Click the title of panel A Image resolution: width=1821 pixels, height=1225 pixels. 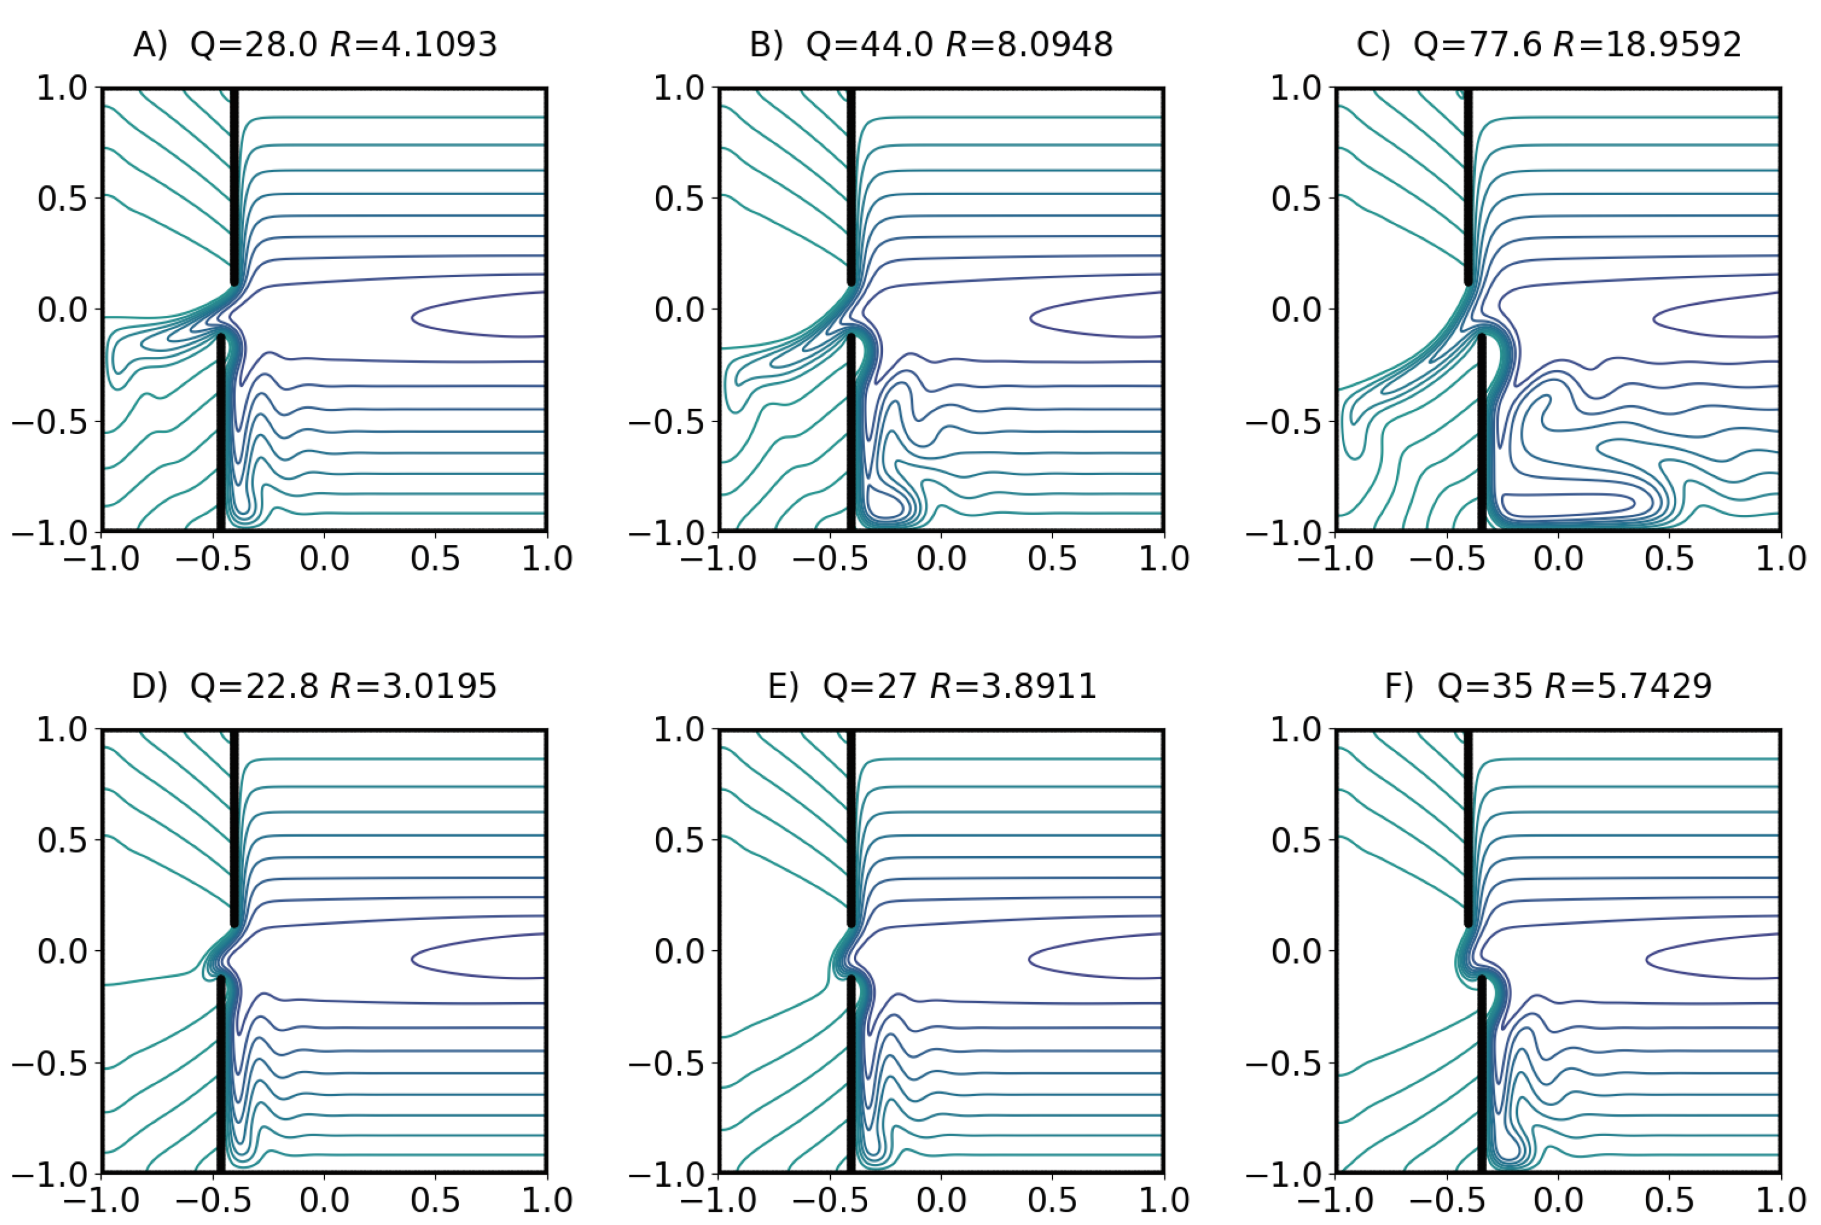pos(315,44)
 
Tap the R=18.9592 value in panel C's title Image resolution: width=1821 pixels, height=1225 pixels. pos(1647,44)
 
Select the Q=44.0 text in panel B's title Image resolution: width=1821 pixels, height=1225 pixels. pos(869,44)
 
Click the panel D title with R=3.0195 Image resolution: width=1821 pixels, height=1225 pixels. pos(315,686)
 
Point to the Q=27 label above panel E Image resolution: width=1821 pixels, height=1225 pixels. pos(869,686)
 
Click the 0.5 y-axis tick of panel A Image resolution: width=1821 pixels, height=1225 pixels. pos(62,199)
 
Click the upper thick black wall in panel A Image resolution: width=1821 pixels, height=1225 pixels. pos(234,188)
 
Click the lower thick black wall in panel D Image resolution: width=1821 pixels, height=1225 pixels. pos(221,1078)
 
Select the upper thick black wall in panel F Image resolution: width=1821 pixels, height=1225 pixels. pos(1468,828)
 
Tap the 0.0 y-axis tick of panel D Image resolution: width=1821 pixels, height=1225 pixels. pos(62,951)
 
